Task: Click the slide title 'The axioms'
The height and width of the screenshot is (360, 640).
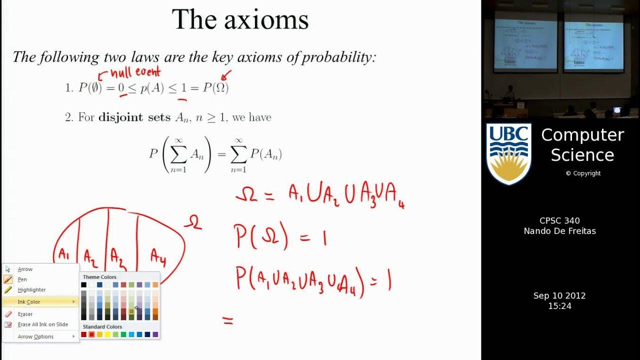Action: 240,20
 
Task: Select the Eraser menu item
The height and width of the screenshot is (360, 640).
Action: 25,314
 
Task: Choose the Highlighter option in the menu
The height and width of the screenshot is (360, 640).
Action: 31,289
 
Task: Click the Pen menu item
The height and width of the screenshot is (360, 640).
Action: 22,279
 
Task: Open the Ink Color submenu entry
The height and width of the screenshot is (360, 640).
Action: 29,302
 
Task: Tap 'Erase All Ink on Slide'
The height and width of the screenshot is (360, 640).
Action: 42,324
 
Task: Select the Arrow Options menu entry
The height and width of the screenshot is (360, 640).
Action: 35,336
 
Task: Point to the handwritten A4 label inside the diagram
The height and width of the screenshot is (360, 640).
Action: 158,256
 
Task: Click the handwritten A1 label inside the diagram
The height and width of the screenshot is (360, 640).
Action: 63,254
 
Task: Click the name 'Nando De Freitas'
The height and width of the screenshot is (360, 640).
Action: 559,231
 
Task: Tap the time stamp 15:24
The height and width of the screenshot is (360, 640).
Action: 559,306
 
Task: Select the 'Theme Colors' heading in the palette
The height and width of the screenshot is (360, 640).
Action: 99,277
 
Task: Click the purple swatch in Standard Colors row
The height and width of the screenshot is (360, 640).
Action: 155,334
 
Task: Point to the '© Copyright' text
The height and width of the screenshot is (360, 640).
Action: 583,173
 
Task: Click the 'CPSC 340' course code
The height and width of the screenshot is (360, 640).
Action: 559,220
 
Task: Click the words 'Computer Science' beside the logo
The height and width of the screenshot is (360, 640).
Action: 582,145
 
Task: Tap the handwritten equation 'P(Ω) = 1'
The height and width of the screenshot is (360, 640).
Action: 280,236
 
